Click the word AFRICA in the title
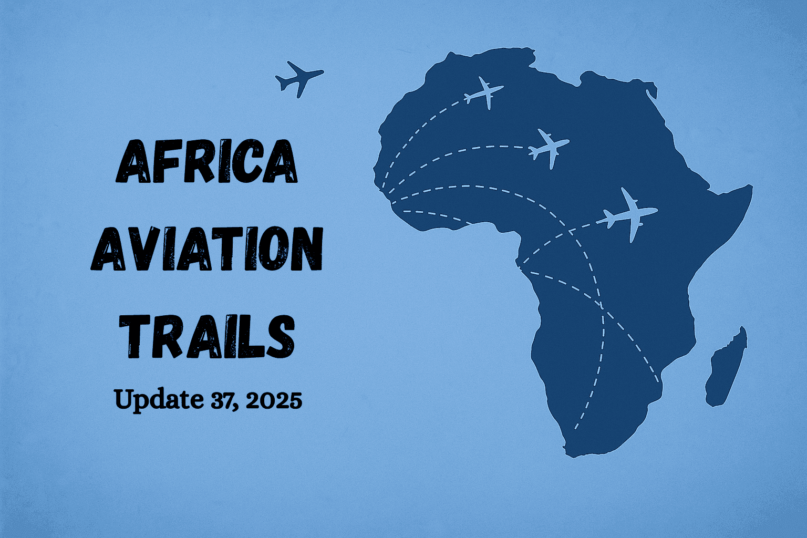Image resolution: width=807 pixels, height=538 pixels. pos(206,161)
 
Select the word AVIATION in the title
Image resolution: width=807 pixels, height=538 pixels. pos(206,250)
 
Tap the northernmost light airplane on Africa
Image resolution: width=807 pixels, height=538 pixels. pos(484,93)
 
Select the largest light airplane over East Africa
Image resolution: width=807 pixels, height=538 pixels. pos(629,214)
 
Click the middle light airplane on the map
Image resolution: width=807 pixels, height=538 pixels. pos(549,147)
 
